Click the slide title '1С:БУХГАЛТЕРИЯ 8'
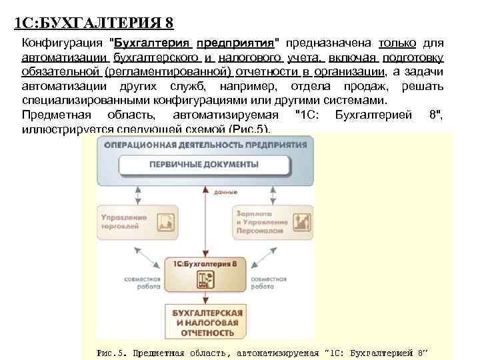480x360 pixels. point(94,24)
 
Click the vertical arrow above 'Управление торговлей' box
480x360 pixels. point(137,193)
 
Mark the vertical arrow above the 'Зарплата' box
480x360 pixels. point(272,193)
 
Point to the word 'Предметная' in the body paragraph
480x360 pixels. point(55,115)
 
